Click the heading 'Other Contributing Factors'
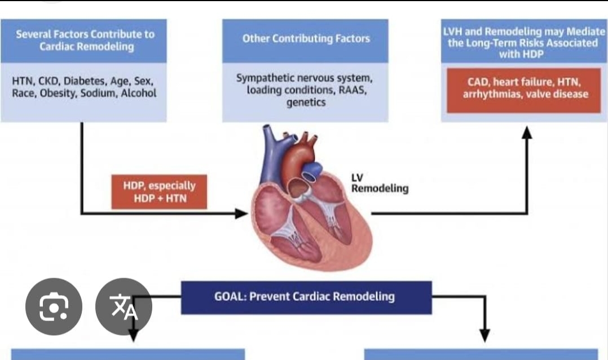pyautogui.click(x=306, y=38)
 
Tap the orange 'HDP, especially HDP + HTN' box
pyautogui.click(x=159, y=192)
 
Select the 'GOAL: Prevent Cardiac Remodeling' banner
pyautogui.click(x=306, y=297)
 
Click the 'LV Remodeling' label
pyautogui.click(x=380, y=183)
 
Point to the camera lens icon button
pyautogui.click(x=54, y=306)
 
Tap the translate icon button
pyautogui.click(x=124, y=306)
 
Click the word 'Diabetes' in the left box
pyautogui.click(x=85, y=81)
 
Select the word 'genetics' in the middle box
pyautogui.click(x=306, y=103)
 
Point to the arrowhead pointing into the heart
pyautogui.click(x=241, y=213)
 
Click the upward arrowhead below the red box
pyautogui.click(x=527, y=133)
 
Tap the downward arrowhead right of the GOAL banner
pyautogui.click(x=484, y=335)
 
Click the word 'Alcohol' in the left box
pyautogui.click(x=139, y=93)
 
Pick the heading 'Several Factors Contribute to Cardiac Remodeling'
pyautogui.click(x=86, y=41)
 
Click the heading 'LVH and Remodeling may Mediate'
pyautogui.click(x=524, y=32)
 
